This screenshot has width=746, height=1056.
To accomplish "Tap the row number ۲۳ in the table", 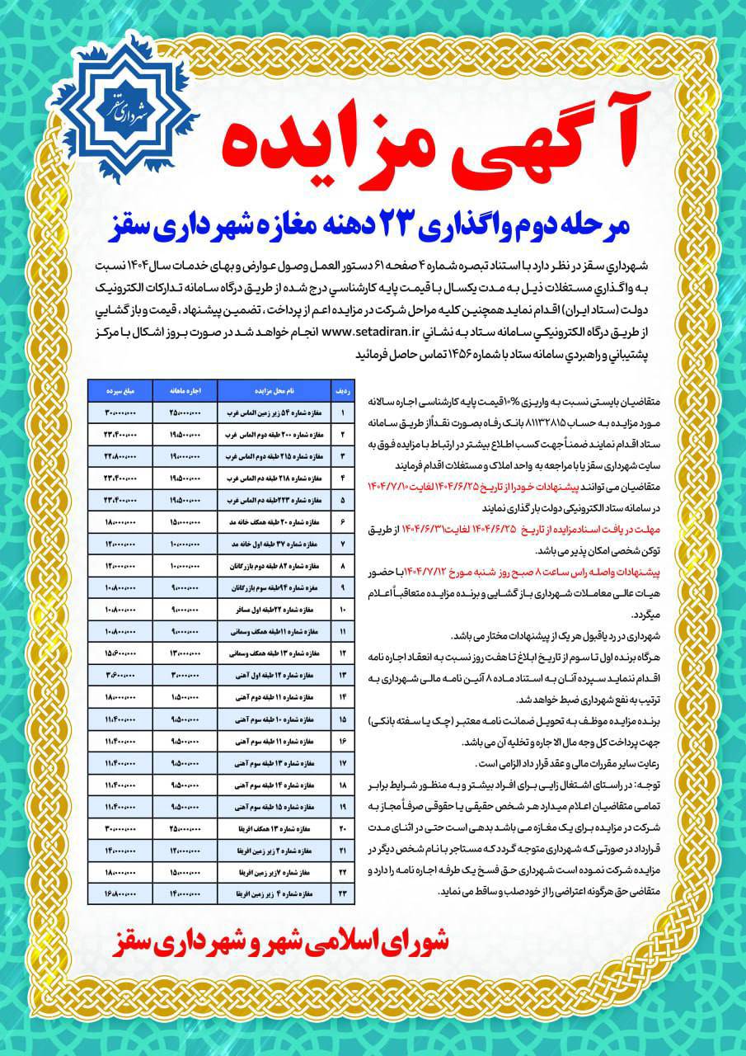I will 340,893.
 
